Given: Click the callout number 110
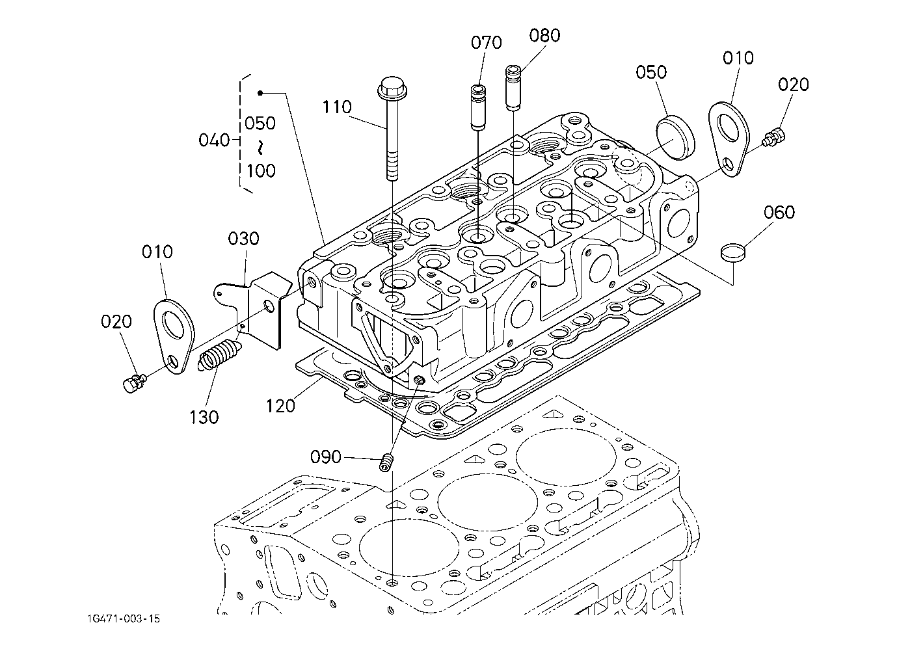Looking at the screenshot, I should point(338,107).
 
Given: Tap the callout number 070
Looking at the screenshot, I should point(487,43).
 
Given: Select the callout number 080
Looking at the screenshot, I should point(544,36).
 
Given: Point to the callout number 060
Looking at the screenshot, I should point(779,213).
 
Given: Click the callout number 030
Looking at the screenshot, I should point(243,239).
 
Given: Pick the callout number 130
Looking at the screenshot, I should point(204,417).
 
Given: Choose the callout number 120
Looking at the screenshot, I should point(280,405).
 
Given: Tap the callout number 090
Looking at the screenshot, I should point(325,457).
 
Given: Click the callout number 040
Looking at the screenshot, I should point(214,140).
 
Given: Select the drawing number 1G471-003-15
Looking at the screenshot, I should point(121,618).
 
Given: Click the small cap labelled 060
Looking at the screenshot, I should point(732,252).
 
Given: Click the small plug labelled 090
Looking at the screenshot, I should point(387,463).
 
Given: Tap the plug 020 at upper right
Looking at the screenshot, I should point(775,137).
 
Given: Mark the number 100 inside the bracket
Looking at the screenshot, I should point(261,171).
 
